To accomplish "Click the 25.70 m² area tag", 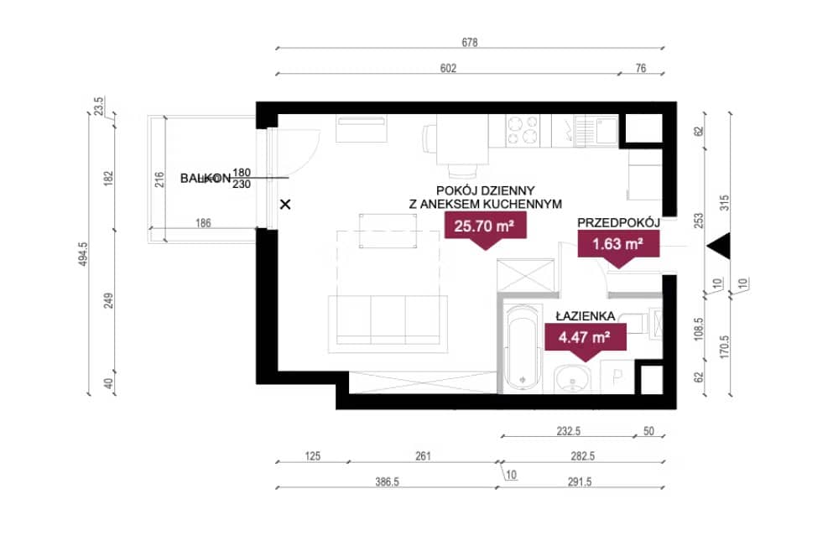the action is [x=485, y=226].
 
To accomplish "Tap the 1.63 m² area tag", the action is [x=618, y=244].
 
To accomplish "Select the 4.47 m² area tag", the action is [x=585, y=338].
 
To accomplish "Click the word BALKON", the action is [x=205, y=179].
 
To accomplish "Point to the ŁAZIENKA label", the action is [x=585, y=316].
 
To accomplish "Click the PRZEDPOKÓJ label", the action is [x=619, y=222].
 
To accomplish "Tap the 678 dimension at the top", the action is [x=470, y=43].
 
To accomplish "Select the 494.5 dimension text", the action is [x=83, y=254].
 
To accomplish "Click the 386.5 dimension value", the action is [x=387, y=481].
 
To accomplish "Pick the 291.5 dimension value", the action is [x=580, y=481].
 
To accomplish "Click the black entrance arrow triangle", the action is [x=719, y=246].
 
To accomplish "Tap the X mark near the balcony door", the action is [x=285, y=204].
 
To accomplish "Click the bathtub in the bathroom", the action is [x=523, y=348].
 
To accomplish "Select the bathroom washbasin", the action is [x=571, y=380].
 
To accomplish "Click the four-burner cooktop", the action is [x=523, y=131].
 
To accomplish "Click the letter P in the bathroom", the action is [x=617, y=377].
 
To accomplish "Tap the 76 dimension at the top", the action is [x=641, y=69].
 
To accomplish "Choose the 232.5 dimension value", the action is [x=569, y=431].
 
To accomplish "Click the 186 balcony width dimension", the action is [x=203, y=223].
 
